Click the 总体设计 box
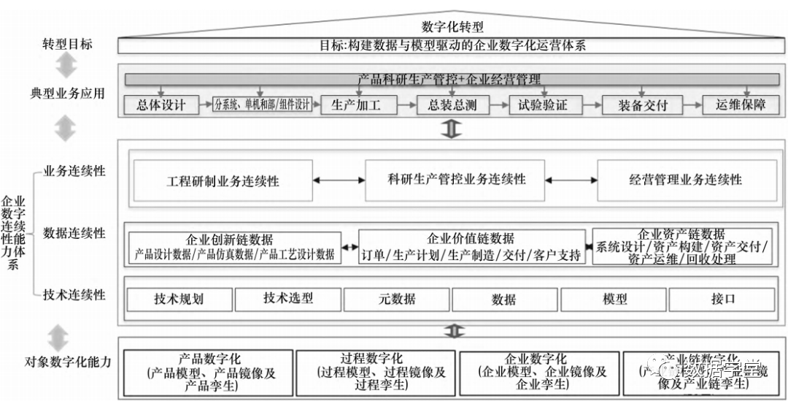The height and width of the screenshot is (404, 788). pyautogui.click(x=161, y=105)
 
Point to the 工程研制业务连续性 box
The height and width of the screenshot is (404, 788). pyautogui.click(x=223, y=180)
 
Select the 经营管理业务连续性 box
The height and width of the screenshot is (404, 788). pyautogui.click(x=686, y=180)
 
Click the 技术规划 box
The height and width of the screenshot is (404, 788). pyautogui.click(x=179, y=299)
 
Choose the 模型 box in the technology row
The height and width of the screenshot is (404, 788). pyautogui.click(x=614, y=299)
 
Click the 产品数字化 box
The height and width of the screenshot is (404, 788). pyautogui.click(x=209, y=371)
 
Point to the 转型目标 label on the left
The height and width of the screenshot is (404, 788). pyautogui.click(x=68, y=44)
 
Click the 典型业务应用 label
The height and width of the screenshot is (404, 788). pyautogui.click(x=68, y=94)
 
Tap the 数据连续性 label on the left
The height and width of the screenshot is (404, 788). pyautogui.click(x=74, y=234)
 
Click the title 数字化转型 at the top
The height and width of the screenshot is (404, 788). pyautogui.click(x=452, y=27)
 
